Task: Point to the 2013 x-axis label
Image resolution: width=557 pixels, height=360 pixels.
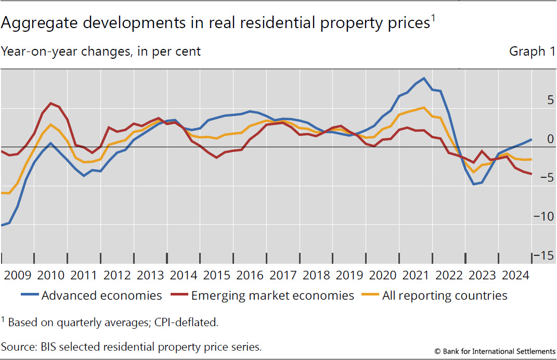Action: [x=150, y=275]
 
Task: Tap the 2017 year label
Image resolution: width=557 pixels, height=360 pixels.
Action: [x=282, y=275]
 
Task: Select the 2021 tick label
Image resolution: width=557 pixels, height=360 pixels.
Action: [x=415, y=275]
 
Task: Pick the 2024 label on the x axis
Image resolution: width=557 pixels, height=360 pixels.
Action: [x=514, y=275]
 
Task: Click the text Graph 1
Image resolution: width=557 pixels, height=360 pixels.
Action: [x=532, y=52]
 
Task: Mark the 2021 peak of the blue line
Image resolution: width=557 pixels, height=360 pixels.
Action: [x=424, y=79]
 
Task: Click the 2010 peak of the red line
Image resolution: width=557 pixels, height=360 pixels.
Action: [x=50, y=103]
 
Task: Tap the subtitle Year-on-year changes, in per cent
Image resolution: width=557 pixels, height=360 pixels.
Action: [x=101, y=52]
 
